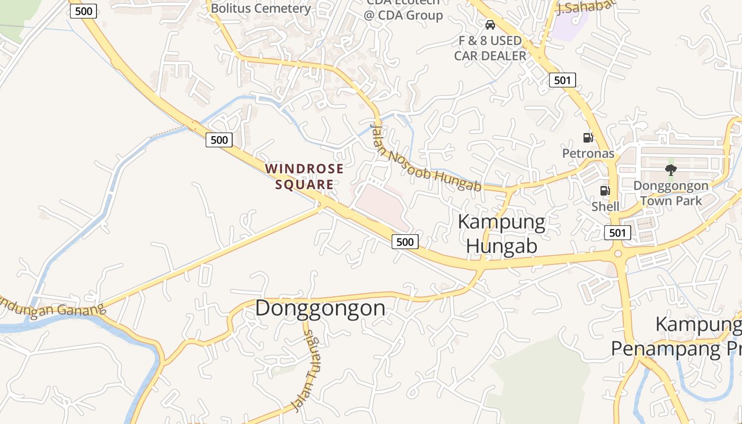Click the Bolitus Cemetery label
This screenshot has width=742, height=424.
(x=261, y=8)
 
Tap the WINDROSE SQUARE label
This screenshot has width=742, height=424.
(x=305, y=176)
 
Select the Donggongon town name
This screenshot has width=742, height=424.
(x=320, y=308)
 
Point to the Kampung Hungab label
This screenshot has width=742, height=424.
(x=501, y=234)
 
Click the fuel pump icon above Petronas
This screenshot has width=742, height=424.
(x=588, y=138)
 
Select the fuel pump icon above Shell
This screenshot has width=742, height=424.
(x=604, y=191)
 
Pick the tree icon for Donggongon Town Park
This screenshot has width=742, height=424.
(x=671, y=170)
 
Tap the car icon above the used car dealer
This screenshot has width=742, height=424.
(x=490, y=24)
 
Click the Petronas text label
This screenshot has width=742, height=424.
(x=588, y=154)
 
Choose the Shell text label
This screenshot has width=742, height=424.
(x=605, y=206)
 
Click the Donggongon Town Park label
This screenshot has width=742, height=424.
(x=671, y=193)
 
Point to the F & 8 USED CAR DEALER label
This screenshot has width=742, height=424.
(x=490, y=48)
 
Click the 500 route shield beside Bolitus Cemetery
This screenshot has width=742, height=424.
(x=84, y=11)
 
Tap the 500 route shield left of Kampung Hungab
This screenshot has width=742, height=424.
(x=405, y=242)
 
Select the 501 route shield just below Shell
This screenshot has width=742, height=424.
(x=617, y=232)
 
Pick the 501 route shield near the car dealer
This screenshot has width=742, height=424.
(x=562, y=80)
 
